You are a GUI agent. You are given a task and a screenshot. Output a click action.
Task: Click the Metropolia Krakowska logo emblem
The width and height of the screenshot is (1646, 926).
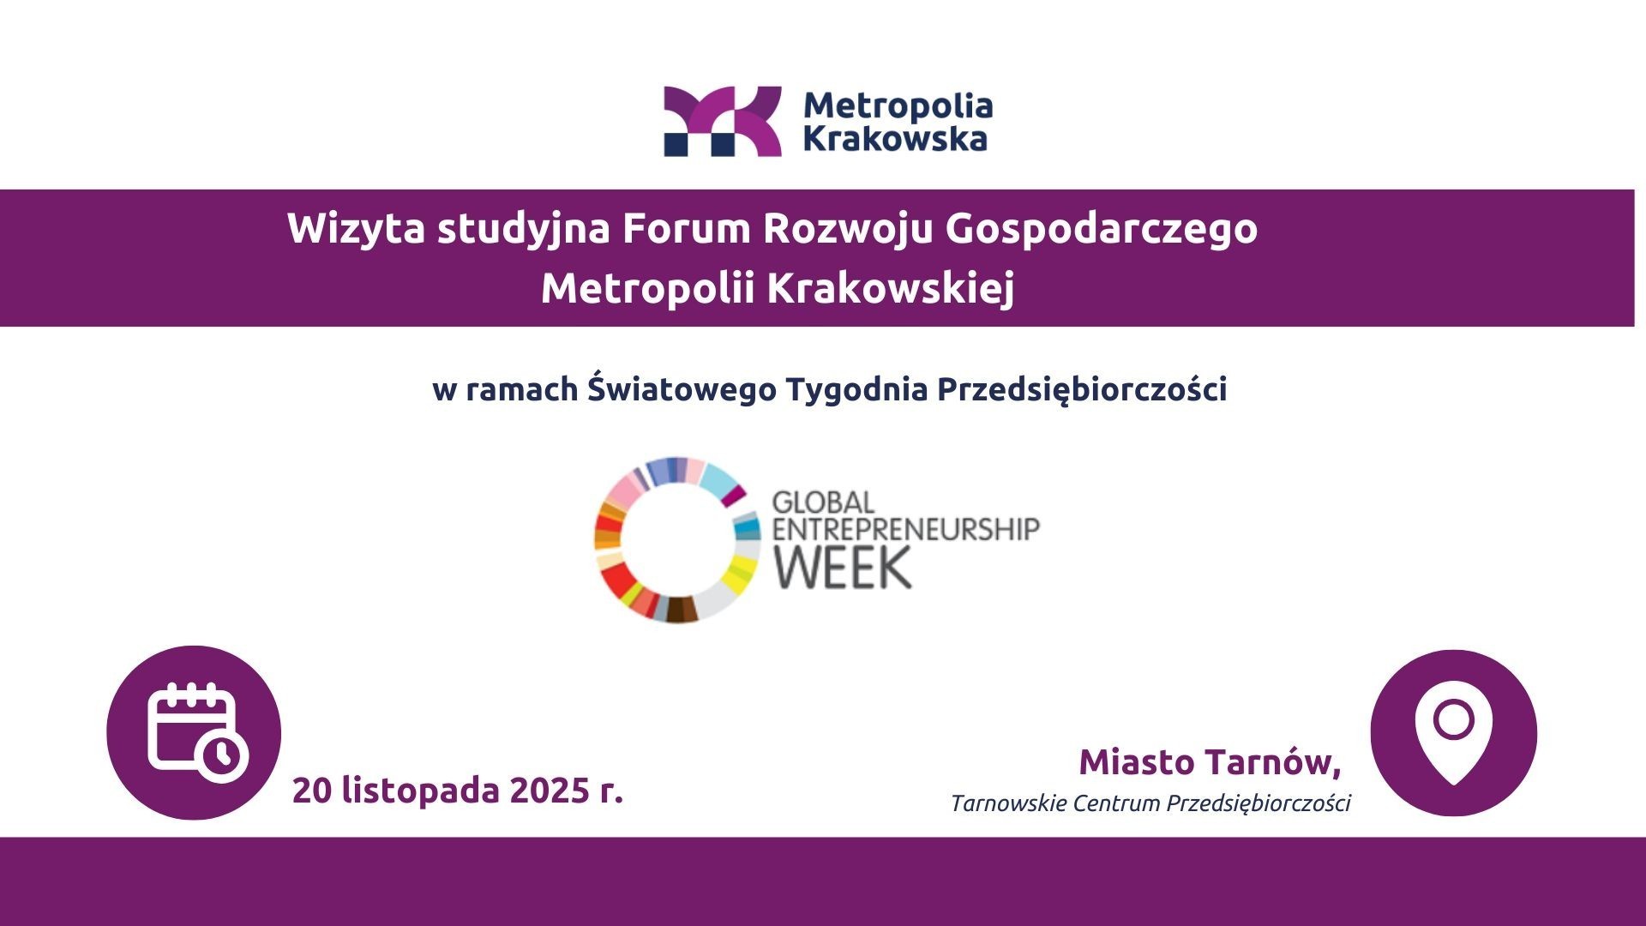723,121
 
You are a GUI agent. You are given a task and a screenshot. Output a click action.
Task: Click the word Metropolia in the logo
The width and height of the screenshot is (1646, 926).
898,106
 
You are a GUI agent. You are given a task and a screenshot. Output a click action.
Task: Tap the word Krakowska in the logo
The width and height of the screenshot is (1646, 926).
896,138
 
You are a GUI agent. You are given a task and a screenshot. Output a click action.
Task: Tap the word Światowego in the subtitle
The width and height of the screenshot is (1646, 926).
682,388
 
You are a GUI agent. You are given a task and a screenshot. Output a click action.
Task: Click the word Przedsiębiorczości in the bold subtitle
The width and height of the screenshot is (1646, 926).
1082,389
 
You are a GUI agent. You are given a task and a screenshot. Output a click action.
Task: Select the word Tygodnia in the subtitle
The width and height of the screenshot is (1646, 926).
857,390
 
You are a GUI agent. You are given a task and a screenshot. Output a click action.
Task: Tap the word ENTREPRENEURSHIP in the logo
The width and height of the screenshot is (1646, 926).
906,528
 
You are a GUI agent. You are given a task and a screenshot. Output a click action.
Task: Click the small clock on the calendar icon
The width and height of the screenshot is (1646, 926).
223,756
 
